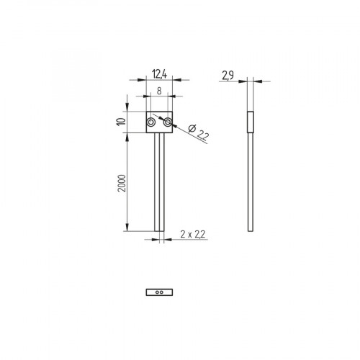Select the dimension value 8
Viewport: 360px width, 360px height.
point(158,92)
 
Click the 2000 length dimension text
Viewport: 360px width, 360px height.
point(122,184)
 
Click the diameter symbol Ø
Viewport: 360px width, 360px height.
point(188,128)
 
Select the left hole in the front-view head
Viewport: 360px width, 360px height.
point(150,124)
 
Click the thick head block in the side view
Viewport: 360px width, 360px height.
point(250,123)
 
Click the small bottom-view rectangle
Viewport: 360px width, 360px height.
point(158,292)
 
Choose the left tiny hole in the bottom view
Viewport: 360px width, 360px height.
point(157,292)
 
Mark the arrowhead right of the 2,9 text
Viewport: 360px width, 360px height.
point(255,81)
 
